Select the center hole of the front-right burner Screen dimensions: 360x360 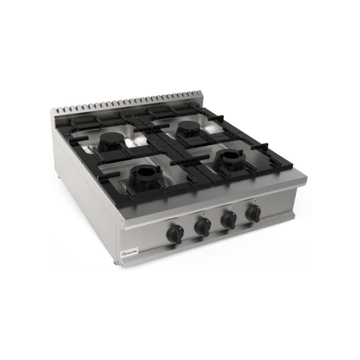230,158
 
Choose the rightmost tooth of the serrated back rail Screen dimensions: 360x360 199,92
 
